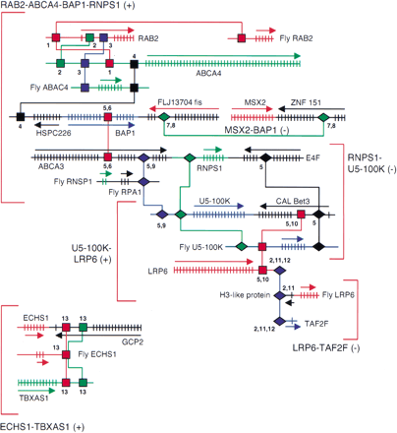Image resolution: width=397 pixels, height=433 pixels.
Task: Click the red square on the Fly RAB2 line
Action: [x=241, y=37]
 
